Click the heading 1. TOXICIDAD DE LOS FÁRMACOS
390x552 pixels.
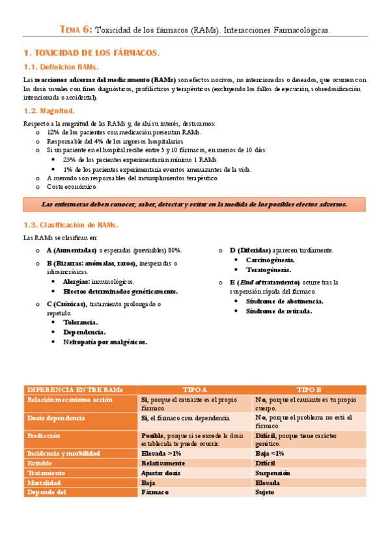click(91, 52)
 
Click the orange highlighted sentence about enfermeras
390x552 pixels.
click(195, 204)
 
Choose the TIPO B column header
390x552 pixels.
click(309, 389)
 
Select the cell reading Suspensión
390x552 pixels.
click(273, 473)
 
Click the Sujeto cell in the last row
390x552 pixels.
click(265, 493)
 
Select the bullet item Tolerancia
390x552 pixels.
click(80, 322)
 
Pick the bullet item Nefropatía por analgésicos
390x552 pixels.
click(104, 342)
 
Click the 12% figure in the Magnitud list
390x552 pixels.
click(53, 131)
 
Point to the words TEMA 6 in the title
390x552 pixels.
click(76, 30)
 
